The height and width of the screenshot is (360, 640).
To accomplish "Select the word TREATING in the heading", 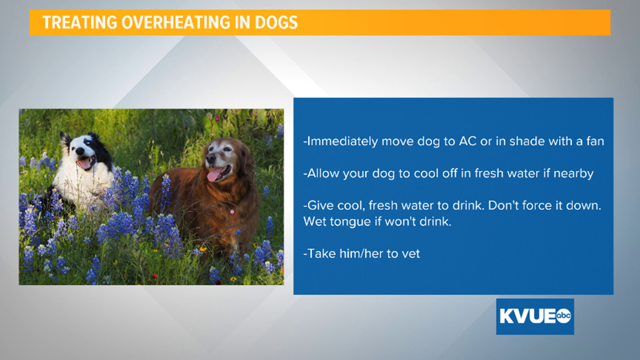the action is pos(80,22).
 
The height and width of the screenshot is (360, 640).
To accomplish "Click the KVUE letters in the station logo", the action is pos(527,316).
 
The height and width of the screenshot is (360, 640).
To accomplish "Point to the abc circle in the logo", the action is pos(563,316).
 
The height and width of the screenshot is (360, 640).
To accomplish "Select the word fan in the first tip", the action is pos(595,141).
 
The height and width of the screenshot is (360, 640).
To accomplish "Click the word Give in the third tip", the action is pos(318,206).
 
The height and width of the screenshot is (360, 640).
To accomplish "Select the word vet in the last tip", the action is pos(410,254).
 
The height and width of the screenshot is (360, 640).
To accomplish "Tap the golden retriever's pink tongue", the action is pos(214,176).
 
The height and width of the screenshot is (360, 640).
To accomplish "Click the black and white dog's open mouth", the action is pos(86,163).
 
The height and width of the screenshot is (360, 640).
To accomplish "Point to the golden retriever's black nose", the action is pos(211,158).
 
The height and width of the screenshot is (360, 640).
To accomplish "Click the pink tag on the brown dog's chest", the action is pos(232,212).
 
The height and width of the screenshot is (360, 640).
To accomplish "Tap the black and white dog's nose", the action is pos(79,152).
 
